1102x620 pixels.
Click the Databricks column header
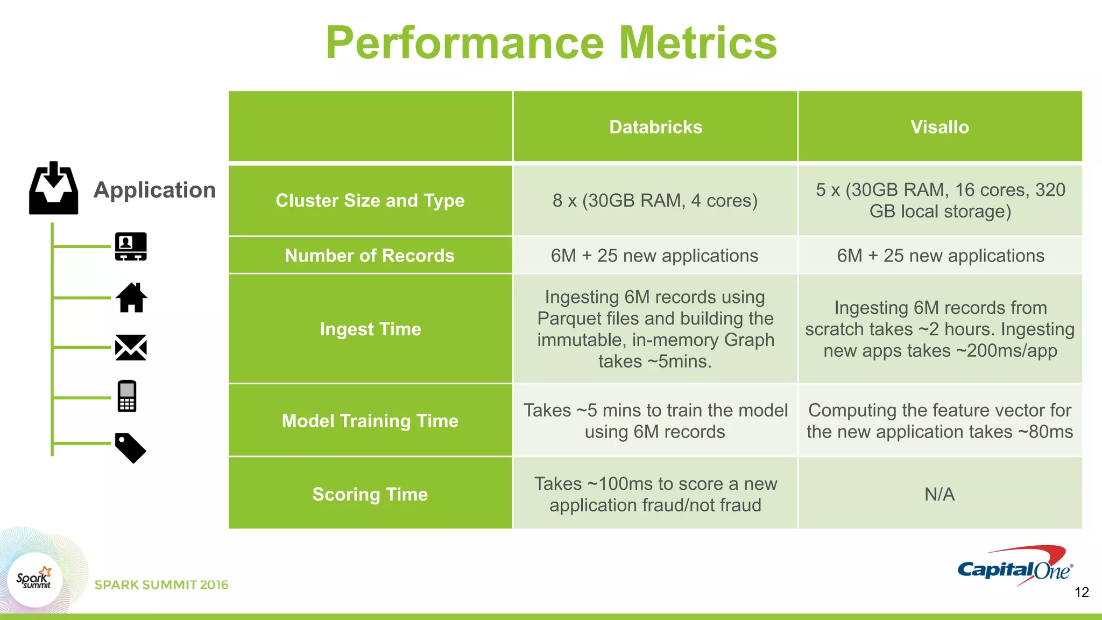655,127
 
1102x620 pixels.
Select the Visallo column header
939,127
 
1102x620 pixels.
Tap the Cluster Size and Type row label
370,200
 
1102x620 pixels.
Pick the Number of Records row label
370,255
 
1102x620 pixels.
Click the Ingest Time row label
370,329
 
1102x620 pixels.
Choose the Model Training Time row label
370,420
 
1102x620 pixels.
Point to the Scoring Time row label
370,494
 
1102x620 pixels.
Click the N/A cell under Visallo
939,494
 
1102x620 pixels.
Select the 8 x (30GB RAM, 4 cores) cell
655,200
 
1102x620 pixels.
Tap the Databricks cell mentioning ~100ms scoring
655,494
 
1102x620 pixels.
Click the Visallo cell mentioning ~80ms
939,420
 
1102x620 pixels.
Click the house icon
131,298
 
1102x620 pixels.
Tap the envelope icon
131,347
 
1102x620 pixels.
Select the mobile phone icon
127,396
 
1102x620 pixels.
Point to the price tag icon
130,448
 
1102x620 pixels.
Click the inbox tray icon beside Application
53,188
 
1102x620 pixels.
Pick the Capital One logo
1015,566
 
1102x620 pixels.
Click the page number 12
1082,593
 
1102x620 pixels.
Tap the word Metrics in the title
698,43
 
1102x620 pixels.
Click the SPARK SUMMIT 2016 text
161,585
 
